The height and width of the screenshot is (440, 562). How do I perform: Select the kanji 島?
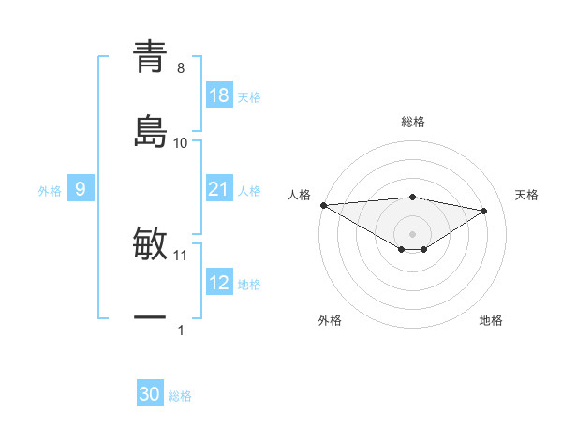coord(150,132)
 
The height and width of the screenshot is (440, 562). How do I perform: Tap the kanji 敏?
coord(150,244)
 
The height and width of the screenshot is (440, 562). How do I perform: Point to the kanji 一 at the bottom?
coord(150,319)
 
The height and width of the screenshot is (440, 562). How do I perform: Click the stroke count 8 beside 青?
coord(181,68)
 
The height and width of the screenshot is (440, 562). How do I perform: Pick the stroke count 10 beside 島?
coord(181,143)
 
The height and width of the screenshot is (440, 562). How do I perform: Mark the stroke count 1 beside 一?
coord(181,330)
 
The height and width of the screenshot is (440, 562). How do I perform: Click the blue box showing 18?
coord(219,95)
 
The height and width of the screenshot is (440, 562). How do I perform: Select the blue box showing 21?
coord(219,189)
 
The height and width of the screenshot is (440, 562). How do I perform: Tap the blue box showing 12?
coord(219,283)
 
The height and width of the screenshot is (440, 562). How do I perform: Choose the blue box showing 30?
coord(150,394)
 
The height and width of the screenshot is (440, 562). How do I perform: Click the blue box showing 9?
coord(81,189)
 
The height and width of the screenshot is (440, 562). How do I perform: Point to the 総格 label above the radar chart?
coord(413,122)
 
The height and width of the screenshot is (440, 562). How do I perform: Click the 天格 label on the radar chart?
coord(527,195)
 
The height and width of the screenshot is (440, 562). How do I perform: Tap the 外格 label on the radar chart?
coord(330,320)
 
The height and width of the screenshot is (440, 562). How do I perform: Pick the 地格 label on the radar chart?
coord(491,320)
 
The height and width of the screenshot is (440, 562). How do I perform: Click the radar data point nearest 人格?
coord(323,205)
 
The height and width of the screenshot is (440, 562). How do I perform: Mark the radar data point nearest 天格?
coord(484,211)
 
